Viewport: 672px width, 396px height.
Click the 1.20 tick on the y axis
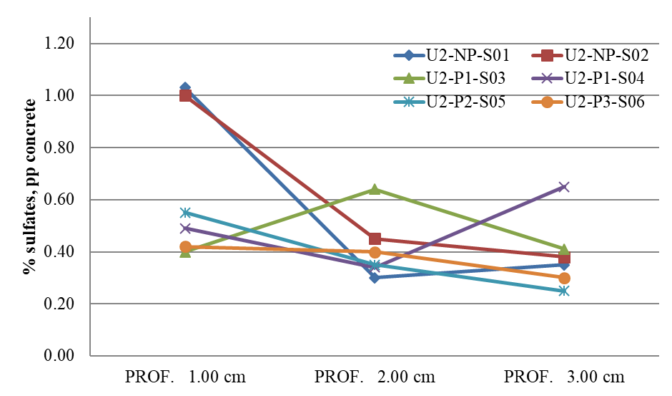click(x=59, y=44)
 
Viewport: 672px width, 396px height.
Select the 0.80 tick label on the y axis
click(x=59, y=148)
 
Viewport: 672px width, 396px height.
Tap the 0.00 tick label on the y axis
click(x=59, y=356)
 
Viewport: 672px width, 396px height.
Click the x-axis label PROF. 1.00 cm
click(x=185, y=377)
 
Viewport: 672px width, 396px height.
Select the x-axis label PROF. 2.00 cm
click(x=375, y=377)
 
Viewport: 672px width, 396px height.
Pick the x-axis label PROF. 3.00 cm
click(x=564, y=377)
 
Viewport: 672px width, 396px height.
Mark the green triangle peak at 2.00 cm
click(x=375, y=189)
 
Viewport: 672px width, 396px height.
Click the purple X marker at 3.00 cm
click(x=564, y=187)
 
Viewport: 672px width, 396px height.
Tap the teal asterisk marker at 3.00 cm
click(x=564, y=291)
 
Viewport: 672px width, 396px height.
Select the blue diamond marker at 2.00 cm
click(x=375, y=278)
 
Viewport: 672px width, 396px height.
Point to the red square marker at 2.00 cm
click(x=375, y=239)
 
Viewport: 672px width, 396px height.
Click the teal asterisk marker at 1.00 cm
click(x=185, y=213)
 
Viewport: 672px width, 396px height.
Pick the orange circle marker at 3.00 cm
click(x=564, y=278)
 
